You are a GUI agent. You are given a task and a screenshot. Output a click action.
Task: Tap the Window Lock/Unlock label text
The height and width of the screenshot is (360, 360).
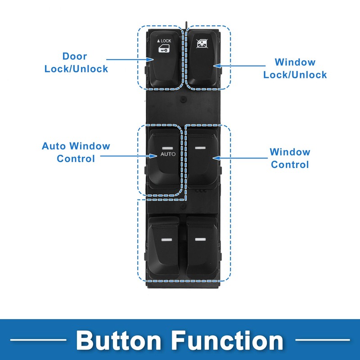[295, 68]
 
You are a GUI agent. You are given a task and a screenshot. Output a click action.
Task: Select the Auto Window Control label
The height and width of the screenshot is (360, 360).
[76, 152]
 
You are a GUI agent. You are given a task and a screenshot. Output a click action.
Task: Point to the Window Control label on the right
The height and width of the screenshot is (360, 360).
[290, 158]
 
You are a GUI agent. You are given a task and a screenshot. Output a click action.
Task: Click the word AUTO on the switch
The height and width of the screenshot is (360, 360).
[168, 154]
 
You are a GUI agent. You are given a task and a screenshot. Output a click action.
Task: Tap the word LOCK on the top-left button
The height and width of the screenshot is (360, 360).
[166, 41]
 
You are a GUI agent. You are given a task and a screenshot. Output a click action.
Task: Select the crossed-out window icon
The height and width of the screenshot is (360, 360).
[202, 44]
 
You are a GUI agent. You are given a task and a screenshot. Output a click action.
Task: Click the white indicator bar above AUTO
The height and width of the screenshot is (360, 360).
[168, 147]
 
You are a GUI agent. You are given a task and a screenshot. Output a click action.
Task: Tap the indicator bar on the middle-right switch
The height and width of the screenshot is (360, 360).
[201, 147]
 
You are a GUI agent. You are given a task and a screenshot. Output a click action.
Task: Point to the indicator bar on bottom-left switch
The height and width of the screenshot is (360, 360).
[167, 240]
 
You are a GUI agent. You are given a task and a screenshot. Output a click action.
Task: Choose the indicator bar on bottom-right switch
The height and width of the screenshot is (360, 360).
[200, 239]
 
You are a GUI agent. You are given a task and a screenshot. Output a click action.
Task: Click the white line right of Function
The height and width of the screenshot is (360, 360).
[322, 339]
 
